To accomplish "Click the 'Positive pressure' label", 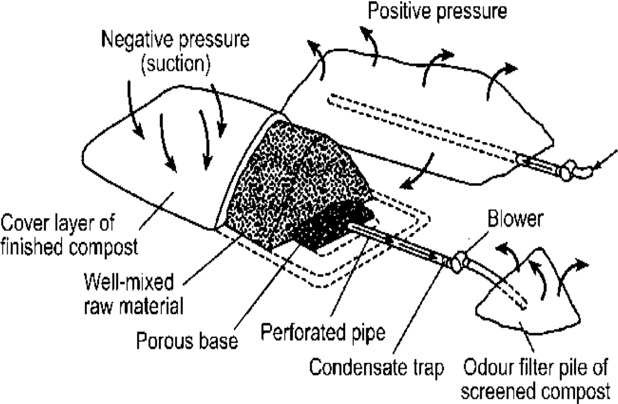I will point(437,11).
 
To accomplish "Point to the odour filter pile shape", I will point(528,303).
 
